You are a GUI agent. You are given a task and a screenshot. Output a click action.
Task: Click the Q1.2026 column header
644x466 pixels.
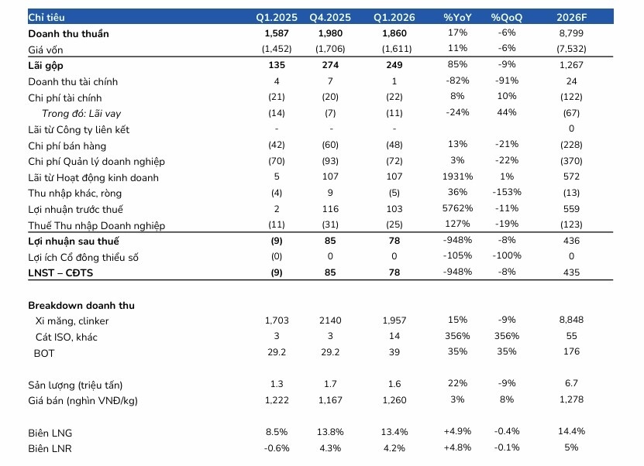[394, 17]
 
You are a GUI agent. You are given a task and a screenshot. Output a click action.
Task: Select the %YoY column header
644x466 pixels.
[457, 17]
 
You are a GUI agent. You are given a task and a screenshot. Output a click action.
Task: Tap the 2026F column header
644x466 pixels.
[571, 17]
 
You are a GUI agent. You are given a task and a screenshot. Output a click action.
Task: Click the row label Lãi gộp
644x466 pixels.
[46, 66]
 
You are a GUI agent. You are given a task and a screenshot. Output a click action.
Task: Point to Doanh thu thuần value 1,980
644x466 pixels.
[330, 33]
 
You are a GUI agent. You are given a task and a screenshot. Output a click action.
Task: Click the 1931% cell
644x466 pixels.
[457, 176]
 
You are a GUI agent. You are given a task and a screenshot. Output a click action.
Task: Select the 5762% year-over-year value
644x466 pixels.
[457, 208]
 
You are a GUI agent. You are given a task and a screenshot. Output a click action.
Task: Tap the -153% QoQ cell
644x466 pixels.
[506, 192]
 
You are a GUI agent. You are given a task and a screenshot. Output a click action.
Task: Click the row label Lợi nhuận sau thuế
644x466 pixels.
[74, 242]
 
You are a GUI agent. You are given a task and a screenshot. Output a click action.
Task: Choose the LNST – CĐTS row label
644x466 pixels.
[60, 272]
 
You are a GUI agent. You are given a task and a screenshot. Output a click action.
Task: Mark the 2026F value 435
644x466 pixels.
[571, 272]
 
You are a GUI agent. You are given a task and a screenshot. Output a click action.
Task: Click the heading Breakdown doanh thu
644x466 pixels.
[81, 305]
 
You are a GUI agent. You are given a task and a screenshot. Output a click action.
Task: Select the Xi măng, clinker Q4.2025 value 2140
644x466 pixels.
[330, 320]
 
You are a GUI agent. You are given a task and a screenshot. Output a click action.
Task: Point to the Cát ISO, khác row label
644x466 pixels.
[66, 338]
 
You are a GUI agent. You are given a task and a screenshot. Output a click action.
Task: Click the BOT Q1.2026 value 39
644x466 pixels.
[394, 352]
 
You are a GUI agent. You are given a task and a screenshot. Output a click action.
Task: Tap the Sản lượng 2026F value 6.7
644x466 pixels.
[571, 383]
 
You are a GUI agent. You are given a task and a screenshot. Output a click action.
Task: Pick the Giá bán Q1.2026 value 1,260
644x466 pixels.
[394, 399]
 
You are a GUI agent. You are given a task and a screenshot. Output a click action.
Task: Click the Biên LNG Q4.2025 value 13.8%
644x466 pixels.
[330, 432]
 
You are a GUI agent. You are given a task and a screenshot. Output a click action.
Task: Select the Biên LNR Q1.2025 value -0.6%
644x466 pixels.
[277, 448]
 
